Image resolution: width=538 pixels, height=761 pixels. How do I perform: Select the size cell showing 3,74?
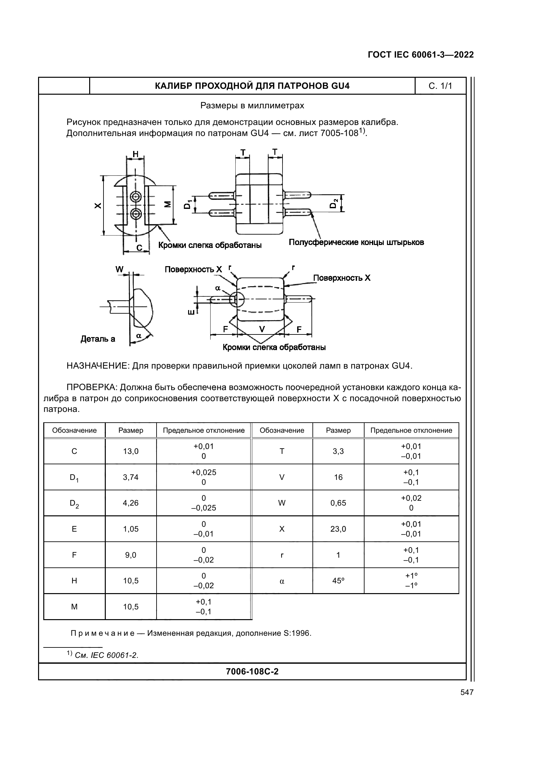pyautogui.click(x=131, y=477)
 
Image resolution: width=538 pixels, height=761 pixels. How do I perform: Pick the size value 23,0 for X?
pyautogui.click(x=338, y=529)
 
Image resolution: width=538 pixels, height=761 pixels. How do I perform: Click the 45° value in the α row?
pyautogui.click(x=338, y=581)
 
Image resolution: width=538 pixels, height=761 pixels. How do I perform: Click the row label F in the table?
pyautogui.click(x=74, y=555)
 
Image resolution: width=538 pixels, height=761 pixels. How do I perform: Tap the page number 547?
pyautogui.click(x=467, y=692)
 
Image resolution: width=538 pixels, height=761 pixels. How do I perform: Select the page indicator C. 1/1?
pyautogui.click(x=440, y=86)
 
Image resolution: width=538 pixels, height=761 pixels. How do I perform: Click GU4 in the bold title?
pyautogui.click(x=340, y=86)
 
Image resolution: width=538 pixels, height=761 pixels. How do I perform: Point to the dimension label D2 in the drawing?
pyautogui.click(x=334, y=203)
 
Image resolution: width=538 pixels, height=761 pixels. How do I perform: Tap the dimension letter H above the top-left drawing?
pyautogui.click(x=136, y=154)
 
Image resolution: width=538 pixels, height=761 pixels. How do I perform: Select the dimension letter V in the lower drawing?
pyautogui.click(x=262, y=329)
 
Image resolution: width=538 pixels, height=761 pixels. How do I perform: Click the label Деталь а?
pyautogui.click(x=98, y=339)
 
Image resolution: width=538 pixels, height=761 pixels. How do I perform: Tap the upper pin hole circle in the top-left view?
pyautogui.click(x=136, y=197)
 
